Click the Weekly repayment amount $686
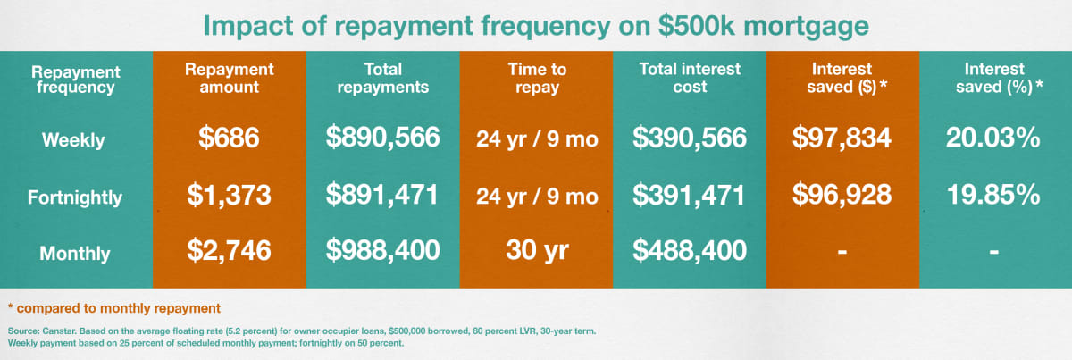pyautogui.click(x=229, y=138)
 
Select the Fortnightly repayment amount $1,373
pyautogui.click(x=229, y=196)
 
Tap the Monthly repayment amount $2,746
pyautogui.click(x=229, y=250)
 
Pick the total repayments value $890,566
pyautogui.click(x=382, y=137)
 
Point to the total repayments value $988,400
pyautogui.click(x=382, y=250)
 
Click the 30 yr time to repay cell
pyautogui.click(x=537, y=250)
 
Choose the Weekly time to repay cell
pyautogui.click(x=537, y=138)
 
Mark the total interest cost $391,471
pyautogui.click(x=689, y=196)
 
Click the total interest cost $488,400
pyautogui.click(x=689, y=250)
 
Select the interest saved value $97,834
pyautogui.click(x=842, y=138)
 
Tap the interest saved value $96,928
pyautogui.click(x=842, y=195)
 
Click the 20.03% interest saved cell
pyautogui.click(x=993, y=138)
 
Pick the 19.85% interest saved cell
pyautogui.click(x=993, y=195)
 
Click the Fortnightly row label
pyautogui.click(x=75, y=197)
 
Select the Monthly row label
pyautogui.click(x=75, y=253)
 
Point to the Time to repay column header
pyautogui.click(x=537, y=79)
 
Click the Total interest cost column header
pyautogui.click(x=690, y=78)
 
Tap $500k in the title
pyautogui.click(x=697, y=25)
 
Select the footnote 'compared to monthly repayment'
pyautogui.click(x=119, y=308)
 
